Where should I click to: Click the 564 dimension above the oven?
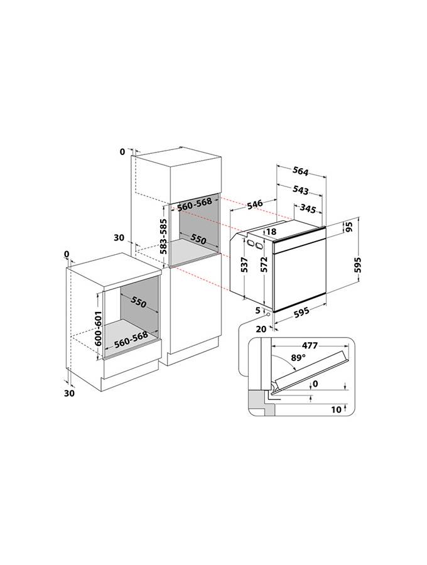(x=301, y=171)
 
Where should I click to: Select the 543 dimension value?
(x=301, y=190)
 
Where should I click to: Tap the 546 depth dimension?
(x=255, y=204)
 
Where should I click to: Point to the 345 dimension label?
(x=308, y=208)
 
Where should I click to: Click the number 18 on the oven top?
(x=271, y=232)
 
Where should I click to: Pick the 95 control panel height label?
(x=349, y=227)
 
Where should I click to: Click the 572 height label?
(x=264, y=264)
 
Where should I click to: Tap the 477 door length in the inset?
(x=310, y=345)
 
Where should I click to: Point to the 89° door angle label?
(x=298, y=358)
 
